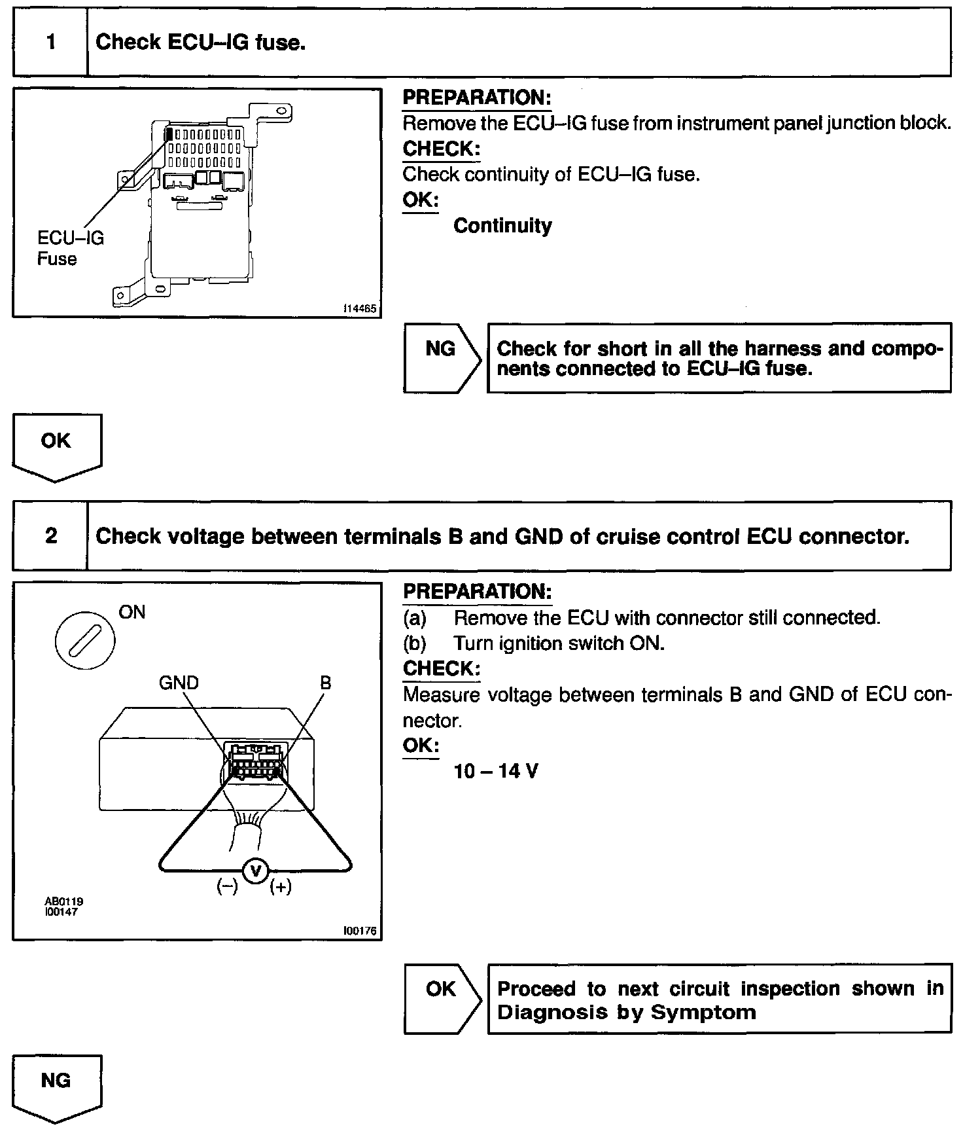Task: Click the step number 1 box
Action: pyautogui.click(x=50, y=43)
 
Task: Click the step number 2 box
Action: pyautogui.click(x=50, y=536)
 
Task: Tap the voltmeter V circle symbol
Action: pyautogui.click(x=256, y=870)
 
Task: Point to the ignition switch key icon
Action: pyautogui.click(x=85, y=639)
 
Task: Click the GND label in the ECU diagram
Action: pyautogui.click(x=179, y=683)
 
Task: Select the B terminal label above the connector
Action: pyautogui.click(x=325, y=683)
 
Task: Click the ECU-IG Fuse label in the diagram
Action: pyautogui.click(x=70, y=248)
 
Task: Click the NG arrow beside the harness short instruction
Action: pyautogui.click(x=442, y=357)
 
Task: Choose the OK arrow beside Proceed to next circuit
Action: pyautogui.click(x=442, y=998)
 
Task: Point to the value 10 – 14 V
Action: pyautogui.click(x=495, y=771)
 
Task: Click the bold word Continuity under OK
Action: pyautogui.click(x=502, y=226)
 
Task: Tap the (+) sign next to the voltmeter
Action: pyautogui.click(x=281, y=887)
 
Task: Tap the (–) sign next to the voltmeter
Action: pyautogui.click(x=228, y=887)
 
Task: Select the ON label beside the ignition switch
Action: pyautogui.click(x=132, y=613)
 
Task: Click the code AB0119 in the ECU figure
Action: pyautogui.click(x=63, y=901)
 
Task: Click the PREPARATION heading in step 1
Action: pyautogui.click(x=477, y=98)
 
